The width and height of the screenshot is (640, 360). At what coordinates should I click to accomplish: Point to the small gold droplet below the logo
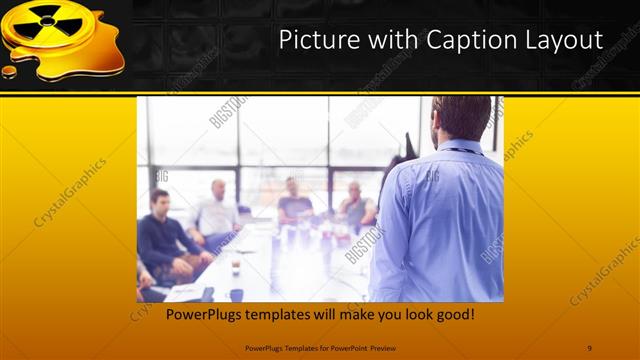9,71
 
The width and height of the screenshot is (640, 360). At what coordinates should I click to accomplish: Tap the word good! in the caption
454,315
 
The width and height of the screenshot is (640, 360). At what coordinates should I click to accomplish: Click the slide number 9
589,348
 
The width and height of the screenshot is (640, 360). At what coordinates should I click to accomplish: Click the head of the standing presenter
461,118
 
